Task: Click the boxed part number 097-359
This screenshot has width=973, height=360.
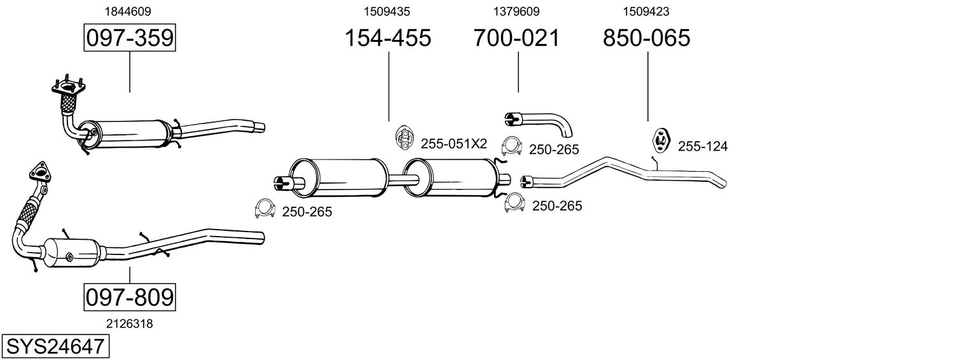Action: click(130, 38)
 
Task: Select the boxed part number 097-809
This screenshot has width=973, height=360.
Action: click(130, 297)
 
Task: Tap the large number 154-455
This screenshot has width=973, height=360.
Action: click(387, 38)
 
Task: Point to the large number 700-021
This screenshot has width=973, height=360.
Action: click(516, 38)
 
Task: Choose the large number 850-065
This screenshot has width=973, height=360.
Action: click(646, 38)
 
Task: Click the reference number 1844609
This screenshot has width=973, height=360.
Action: click(128, 11)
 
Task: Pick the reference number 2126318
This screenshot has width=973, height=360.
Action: click(130, 324)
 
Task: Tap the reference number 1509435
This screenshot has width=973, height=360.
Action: click(387, 11)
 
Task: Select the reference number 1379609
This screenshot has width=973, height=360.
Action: click(516, 11)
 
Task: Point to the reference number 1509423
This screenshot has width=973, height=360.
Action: click(646, 11)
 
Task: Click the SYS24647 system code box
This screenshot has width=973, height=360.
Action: click(55, 347)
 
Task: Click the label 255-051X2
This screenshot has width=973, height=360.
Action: click(454, 144)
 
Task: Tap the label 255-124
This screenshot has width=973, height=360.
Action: click(702, 146)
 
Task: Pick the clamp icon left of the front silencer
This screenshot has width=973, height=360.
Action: click(265, 208)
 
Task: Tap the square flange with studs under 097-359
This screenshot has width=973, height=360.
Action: click(69, 87)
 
